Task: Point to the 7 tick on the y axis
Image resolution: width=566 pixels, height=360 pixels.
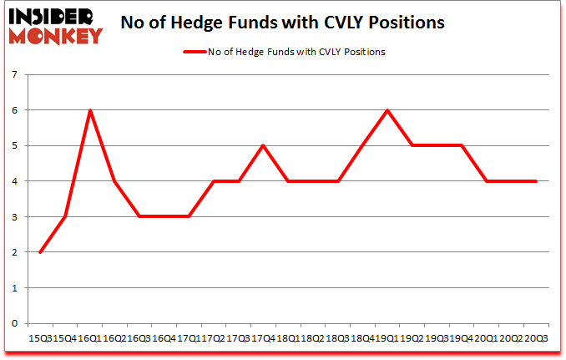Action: coord(15,75)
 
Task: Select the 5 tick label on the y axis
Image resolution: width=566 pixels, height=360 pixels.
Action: coord(15,146)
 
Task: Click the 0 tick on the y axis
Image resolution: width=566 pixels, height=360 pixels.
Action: coord(15,323)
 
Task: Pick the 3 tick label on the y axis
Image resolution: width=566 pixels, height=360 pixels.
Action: coord(15,217)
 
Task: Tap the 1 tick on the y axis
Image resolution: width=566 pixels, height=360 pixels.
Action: coord(15,288)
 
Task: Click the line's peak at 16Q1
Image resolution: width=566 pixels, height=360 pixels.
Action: coord(89,110)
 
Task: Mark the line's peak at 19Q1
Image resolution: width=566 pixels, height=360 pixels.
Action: coord(387,110)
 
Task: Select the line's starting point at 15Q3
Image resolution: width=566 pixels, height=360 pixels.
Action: coord(39,252)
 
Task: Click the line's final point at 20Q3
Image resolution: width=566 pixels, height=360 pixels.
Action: coord(535,181)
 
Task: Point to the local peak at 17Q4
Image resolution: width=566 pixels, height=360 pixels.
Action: coord(263,145)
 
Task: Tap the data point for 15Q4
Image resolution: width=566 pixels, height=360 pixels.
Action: coord(64,216)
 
